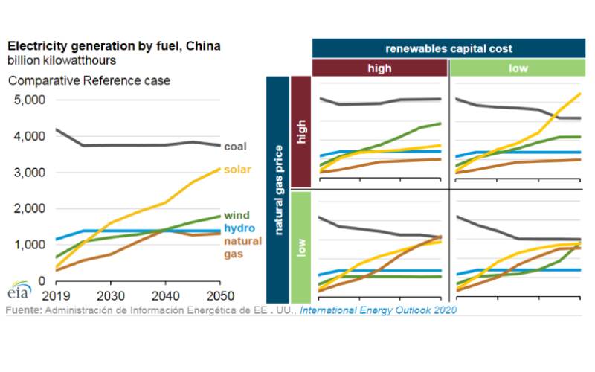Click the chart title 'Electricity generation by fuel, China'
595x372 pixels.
click(x=114, y=46)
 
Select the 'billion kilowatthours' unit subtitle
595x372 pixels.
click(x=62, y=60)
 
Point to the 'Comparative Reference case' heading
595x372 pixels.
click(x=89, y=80)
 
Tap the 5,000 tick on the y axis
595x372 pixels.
click(x=30, y=100)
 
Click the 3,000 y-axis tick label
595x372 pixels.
click(x=30, y=173)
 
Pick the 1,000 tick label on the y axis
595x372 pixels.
click(x=30, y=245)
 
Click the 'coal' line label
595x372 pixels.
click(x=236, y=147)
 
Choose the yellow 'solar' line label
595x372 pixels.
click(x=238, y=170)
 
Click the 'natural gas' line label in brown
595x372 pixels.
click(x=242, y=248)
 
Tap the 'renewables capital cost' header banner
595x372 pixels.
click(x=448, y=48)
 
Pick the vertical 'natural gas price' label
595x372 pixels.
click(x=277, y=188)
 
